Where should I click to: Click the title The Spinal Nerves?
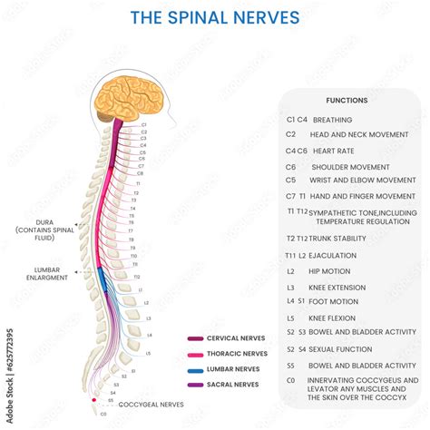[x=215, y=17]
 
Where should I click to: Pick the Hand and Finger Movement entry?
[x=363, y=196]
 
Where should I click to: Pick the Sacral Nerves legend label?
[x=234, y=385]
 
